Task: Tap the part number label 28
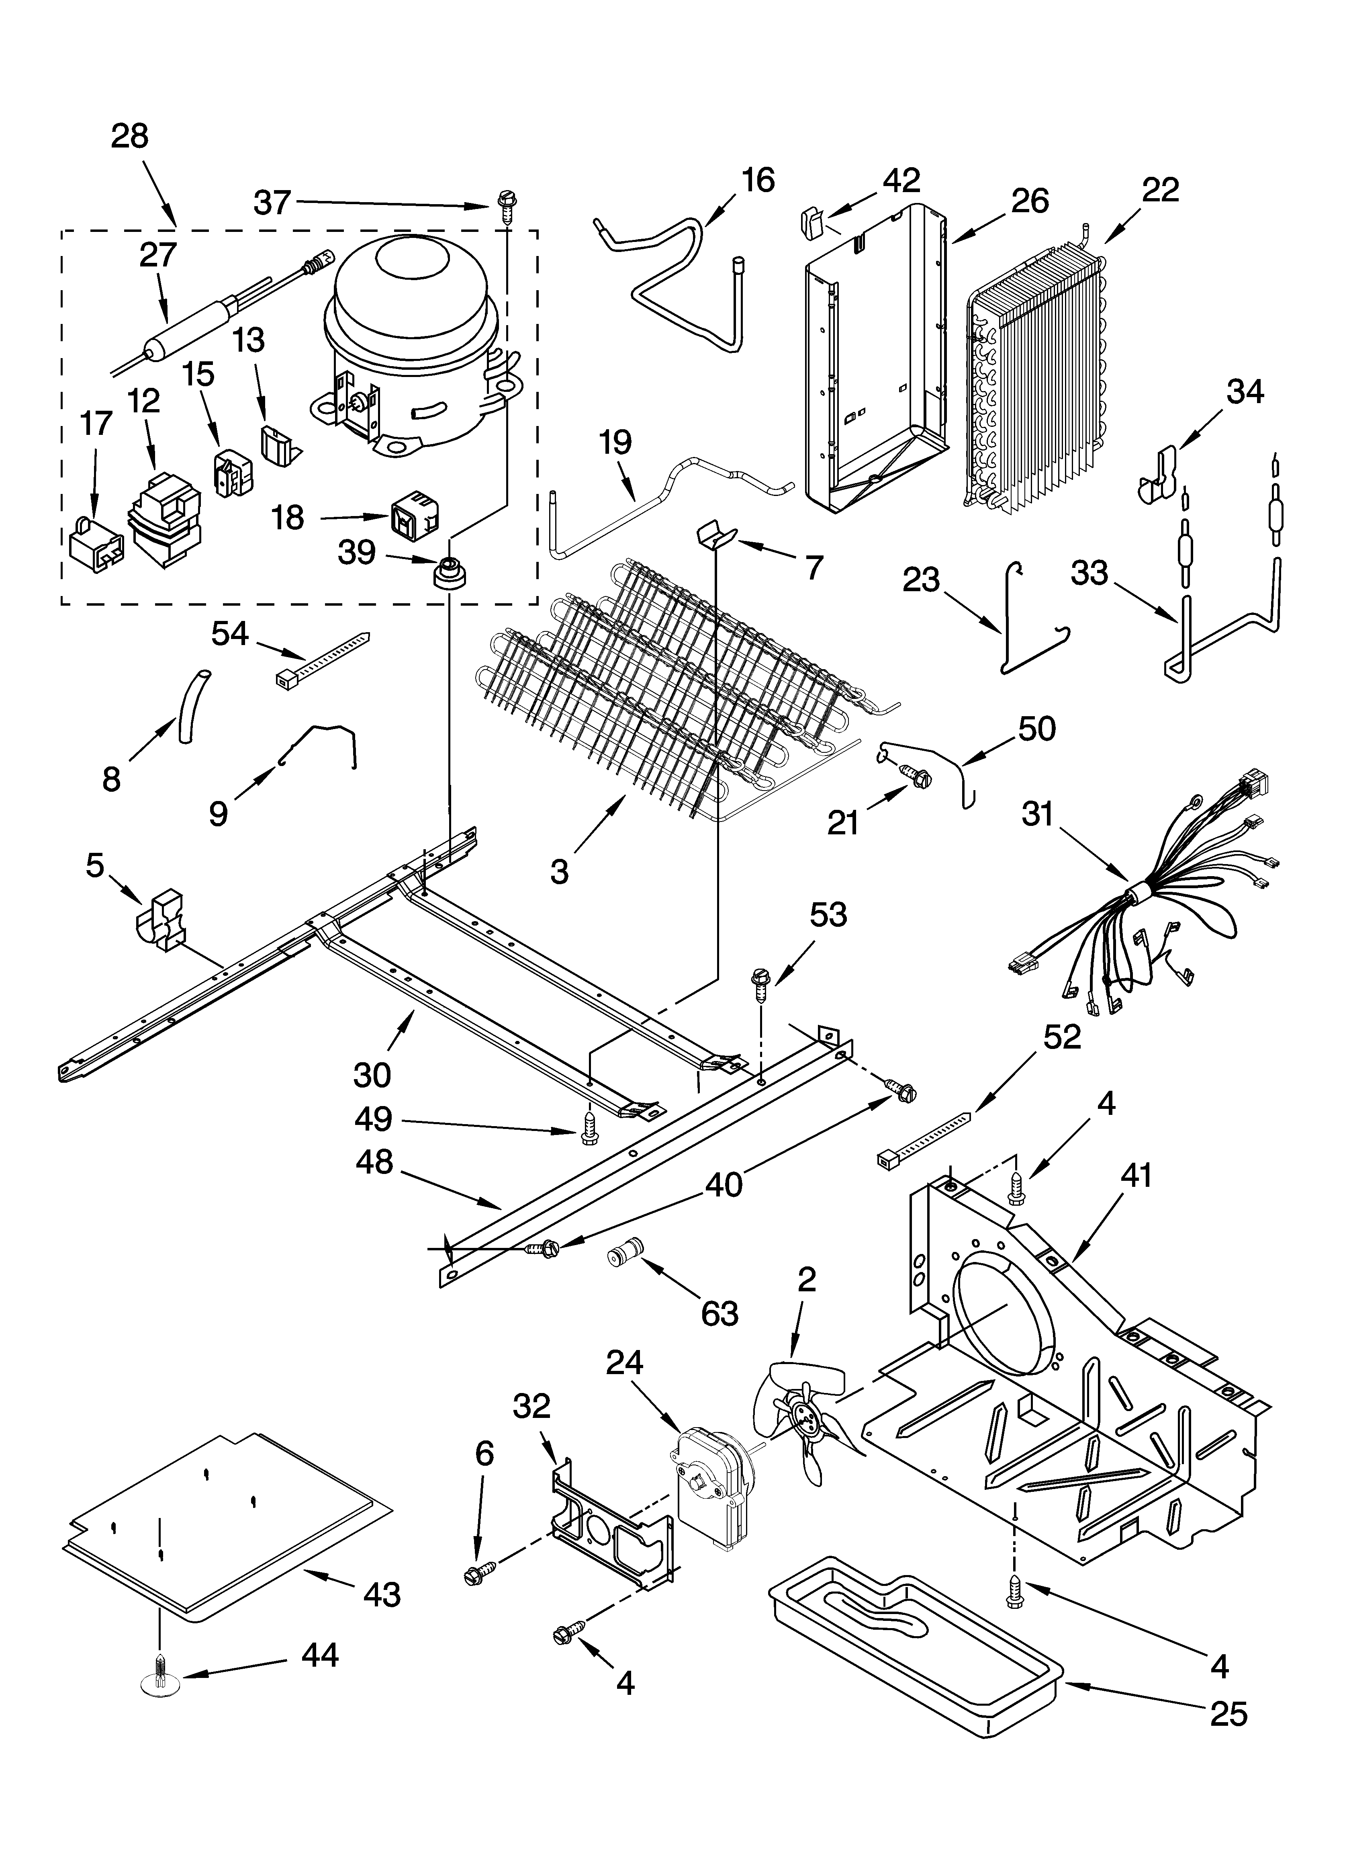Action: [129, 136]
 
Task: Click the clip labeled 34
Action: [1159, 475]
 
